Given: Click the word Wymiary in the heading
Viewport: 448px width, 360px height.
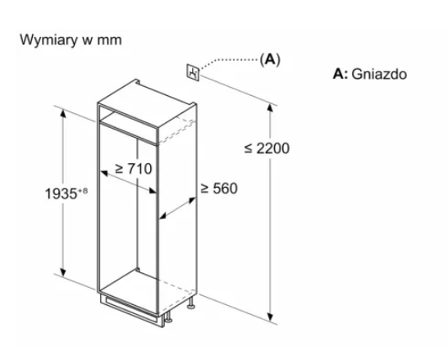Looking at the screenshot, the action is tap(48, 40).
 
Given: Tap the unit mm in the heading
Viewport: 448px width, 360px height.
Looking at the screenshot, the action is tap(109, 40).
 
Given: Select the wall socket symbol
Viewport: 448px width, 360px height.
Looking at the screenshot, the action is tap(193, 72).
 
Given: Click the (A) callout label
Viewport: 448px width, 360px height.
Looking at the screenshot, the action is tap(270, 59).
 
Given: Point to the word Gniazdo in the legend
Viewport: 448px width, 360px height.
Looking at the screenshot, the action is tap(379, 75).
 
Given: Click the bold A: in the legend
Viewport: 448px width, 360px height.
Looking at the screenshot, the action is tap(341, 74).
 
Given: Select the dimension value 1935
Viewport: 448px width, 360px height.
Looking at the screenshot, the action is tap(62, 194).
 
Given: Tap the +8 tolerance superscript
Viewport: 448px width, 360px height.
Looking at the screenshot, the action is tap(83, 190).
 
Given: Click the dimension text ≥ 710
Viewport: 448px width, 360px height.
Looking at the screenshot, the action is tap(134, 168).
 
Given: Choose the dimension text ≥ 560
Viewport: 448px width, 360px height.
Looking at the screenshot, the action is tap(219, 189).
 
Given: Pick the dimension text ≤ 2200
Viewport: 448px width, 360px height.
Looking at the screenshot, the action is tap(267, 148).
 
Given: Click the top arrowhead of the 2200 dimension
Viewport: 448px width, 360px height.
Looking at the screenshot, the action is tap(270, 108).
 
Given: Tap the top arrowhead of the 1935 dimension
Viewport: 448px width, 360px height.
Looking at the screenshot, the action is tap(63, 113).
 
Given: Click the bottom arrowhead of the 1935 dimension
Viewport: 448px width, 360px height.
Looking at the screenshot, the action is tap(63, 272).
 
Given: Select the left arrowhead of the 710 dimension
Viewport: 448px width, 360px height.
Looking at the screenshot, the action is tap(104, 173).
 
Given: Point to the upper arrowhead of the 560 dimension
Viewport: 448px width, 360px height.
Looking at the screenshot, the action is tap(192, 200).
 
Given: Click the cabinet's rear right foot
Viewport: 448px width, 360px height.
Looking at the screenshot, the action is tap(190, 303).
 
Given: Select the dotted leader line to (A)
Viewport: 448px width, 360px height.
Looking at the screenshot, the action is tap(229, 61).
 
